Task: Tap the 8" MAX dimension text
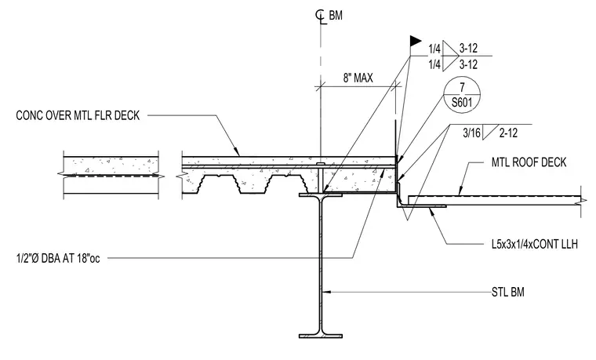point(358,78)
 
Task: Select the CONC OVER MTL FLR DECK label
point(78,115)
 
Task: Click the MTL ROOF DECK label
point(529,162)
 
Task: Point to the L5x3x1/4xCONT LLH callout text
point(534,244)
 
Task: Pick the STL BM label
point(508,293)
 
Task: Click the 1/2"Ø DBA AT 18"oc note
point(58,259)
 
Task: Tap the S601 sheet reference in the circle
point(462,103)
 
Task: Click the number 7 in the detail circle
point(462,87)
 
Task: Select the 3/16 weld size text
point(472,133)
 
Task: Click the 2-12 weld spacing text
point(508,133)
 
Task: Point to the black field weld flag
point(416,41)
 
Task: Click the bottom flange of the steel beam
point(321,336)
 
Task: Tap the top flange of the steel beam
point(321,195)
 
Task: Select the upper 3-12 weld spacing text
point(468,49)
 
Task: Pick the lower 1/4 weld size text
point(434,65)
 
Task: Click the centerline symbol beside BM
point(321,16)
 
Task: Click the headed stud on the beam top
point(321,178)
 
